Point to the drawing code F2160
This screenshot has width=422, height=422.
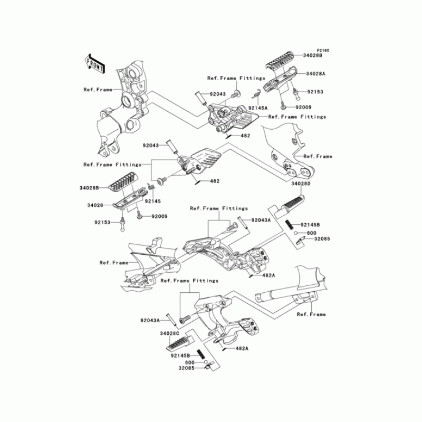[323, 50]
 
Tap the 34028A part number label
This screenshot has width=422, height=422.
[314, 75]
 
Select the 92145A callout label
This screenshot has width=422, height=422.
[258, 107]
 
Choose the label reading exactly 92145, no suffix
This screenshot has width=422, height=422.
[153, 200]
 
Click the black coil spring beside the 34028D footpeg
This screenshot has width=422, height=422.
[290, 224]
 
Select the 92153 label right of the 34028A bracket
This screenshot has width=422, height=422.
[314, 92]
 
